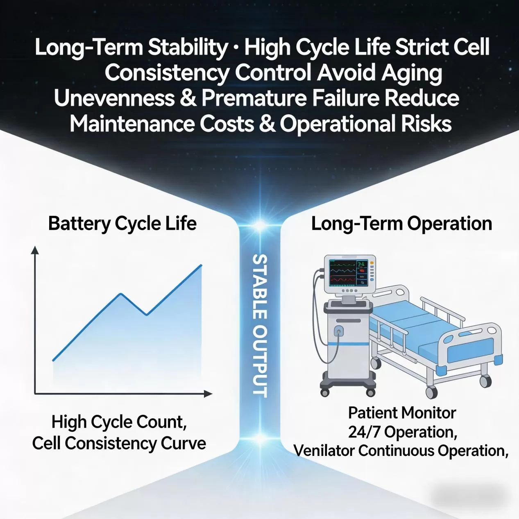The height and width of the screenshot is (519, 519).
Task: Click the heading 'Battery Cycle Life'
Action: pos(122,224)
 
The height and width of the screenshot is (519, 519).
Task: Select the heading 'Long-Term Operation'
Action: pos(401,224)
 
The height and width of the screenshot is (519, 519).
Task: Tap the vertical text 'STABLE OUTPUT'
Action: pos(260,326)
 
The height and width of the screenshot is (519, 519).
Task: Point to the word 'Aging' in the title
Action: pos(412,73)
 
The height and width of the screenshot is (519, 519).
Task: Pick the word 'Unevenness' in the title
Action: pos(114,99)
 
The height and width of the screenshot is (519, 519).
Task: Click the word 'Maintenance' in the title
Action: pos(132,124)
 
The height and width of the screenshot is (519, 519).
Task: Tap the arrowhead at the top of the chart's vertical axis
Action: pos(35,250)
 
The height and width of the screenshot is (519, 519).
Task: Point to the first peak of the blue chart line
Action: pos(121,294)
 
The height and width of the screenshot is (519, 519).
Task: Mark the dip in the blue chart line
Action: pos(147,315)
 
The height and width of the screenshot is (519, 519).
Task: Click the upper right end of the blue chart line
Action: pos(201,265)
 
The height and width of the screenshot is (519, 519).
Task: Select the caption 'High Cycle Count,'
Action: pos(119,422)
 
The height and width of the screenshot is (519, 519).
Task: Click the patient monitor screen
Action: pos(349,272)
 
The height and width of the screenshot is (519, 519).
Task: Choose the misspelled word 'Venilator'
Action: pos(324,451)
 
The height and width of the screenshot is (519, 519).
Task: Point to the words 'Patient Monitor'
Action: pos(402,413)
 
